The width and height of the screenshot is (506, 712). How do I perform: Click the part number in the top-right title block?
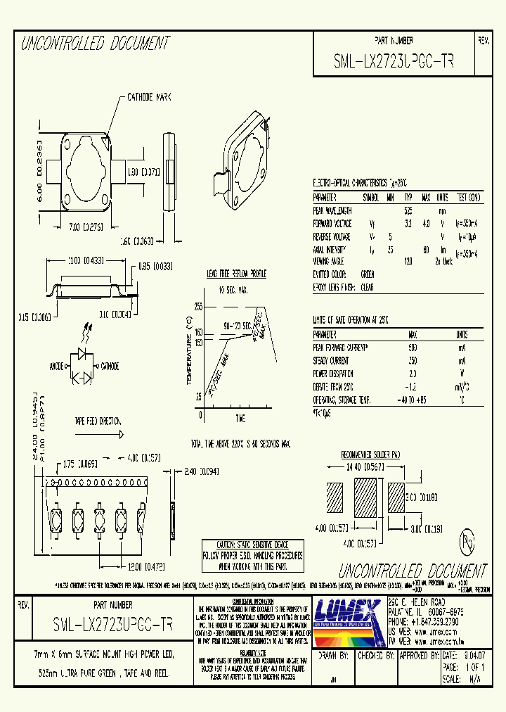point(394,61)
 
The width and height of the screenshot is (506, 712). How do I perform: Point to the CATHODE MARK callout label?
point(150,97)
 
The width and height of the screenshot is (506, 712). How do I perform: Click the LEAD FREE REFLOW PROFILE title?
point(236,274)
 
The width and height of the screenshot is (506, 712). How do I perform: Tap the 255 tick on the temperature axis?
point(198,307)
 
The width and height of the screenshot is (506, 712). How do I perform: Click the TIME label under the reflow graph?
point(240,417)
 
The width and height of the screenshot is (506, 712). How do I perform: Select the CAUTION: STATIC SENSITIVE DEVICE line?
point(252,545)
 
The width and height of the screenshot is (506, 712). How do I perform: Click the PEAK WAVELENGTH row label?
point(333,210)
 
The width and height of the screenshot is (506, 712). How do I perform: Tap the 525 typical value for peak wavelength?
point(408,210)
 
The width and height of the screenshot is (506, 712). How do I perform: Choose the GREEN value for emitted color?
point(367,274)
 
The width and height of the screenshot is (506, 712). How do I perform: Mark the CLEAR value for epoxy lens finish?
point(367,287)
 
